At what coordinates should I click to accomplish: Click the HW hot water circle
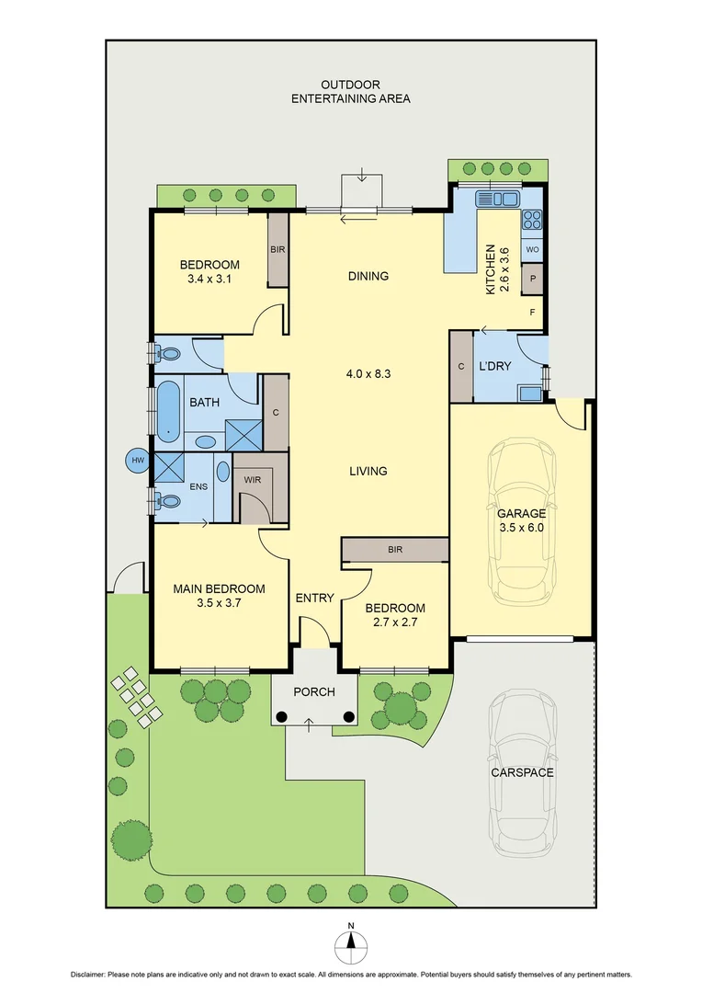click(138, 460)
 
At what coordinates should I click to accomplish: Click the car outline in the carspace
click(522, 772)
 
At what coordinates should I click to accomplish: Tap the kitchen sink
click(497, 198)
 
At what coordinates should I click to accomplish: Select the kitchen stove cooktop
click(532, 220)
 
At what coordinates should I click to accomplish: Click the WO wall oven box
click(532, 249)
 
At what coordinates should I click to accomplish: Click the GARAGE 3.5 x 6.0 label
click(521, 520)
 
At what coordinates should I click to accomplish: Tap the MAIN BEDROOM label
click(219, 596)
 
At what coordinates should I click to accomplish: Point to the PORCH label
click(313, 692)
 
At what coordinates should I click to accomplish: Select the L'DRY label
click(494, 366)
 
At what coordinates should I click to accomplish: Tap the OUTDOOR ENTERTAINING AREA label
click(350, 91)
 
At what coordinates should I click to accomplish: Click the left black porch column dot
click(283, 716)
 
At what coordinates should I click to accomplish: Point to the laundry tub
click(529, 394)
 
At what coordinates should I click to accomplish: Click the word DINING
click(368, 276)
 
